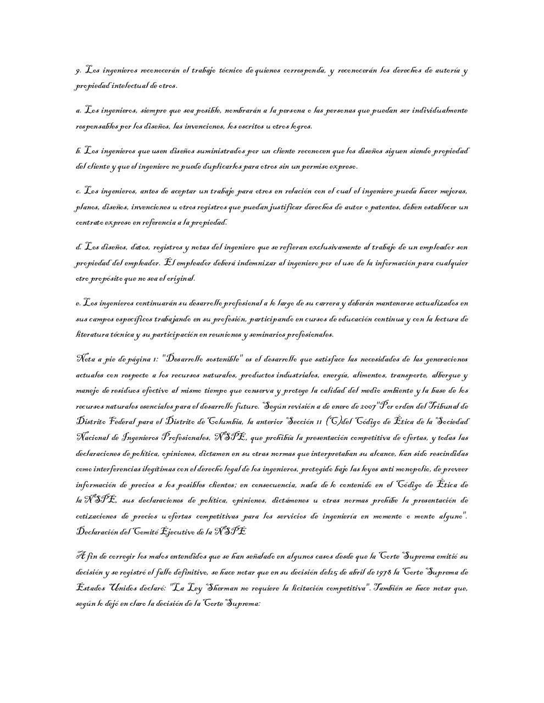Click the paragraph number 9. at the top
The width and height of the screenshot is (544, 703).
(x=78, y=71)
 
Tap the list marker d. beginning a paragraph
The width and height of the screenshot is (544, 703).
(x=79, y=247)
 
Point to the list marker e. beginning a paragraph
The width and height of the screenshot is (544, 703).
(x=78, y=303)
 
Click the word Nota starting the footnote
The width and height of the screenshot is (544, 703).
(x=85, y=360)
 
